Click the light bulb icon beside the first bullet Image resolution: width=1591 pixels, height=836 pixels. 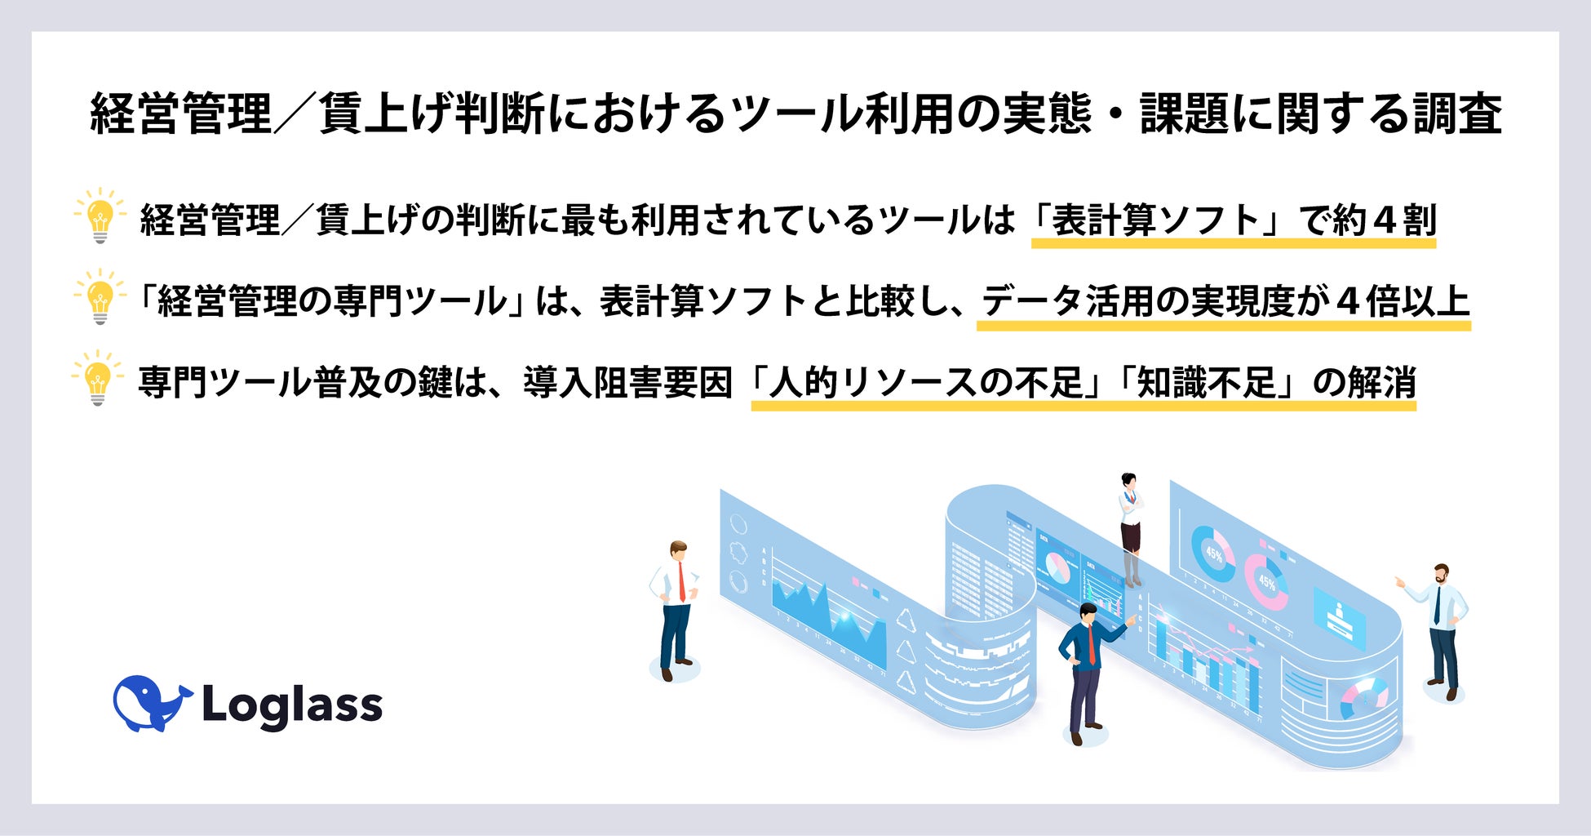100,215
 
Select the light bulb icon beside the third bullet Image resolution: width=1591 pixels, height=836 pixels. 98,378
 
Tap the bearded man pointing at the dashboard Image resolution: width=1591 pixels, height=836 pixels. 1441,629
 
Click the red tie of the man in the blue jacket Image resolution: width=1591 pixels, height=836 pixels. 1091,645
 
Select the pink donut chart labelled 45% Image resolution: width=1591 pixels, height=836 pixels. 1265,581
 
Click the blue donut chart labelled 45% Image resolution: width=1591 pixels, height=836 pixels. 1213,554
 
